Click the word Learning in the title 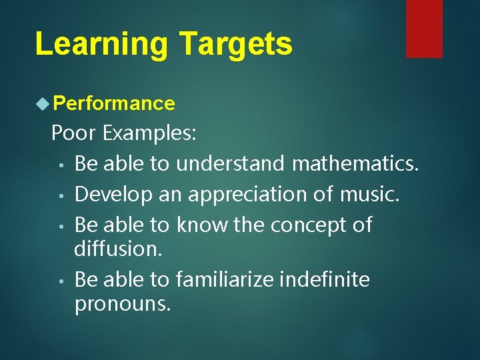[101, 44]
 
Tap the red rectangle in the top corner [424, 28]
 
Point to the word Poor [74, 133]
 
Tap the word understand [231, 163]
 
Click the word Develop [113, 194]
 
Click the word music [369, 194]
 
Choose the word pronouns [123, 304]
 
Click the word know [202, 225]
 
